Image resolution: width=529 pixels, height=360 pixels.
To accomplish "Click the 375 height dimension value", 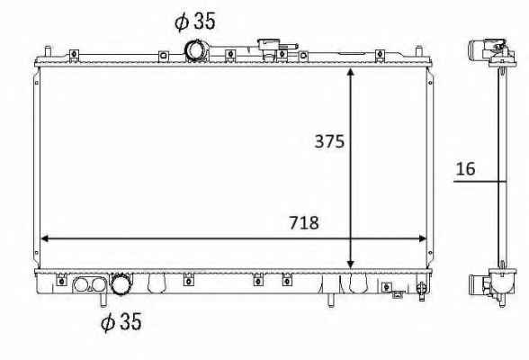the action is coord(329,141).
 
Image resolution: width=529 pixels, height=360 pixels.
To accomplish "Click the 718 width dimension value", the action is coord(304,222).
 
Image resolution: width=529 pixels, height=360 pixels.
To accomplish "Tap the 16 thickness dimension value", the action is coord(465,168).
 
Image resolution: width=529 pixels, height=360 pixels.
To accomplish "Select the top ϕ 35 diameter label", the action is coord(195,21).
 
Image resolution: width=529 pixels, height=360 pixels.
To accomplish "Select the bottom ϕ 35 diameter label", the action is coord(121,321).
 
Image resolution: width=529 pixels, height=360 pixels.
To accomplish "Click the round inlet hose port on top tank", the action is coord(196,50).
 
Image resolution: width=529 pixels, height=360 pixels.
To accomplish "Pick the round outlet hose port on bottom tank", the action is coord(121,283).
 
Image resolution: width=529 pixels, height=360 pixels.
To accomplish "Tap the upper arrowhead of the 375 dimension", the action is coord(351,73).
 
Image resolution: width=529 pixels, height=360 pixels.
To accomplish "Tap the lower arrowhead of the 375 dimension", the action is coord(351,265).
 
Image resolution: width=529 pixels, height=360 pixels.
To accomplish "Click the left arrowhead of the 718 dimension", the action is coord(45,238).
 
